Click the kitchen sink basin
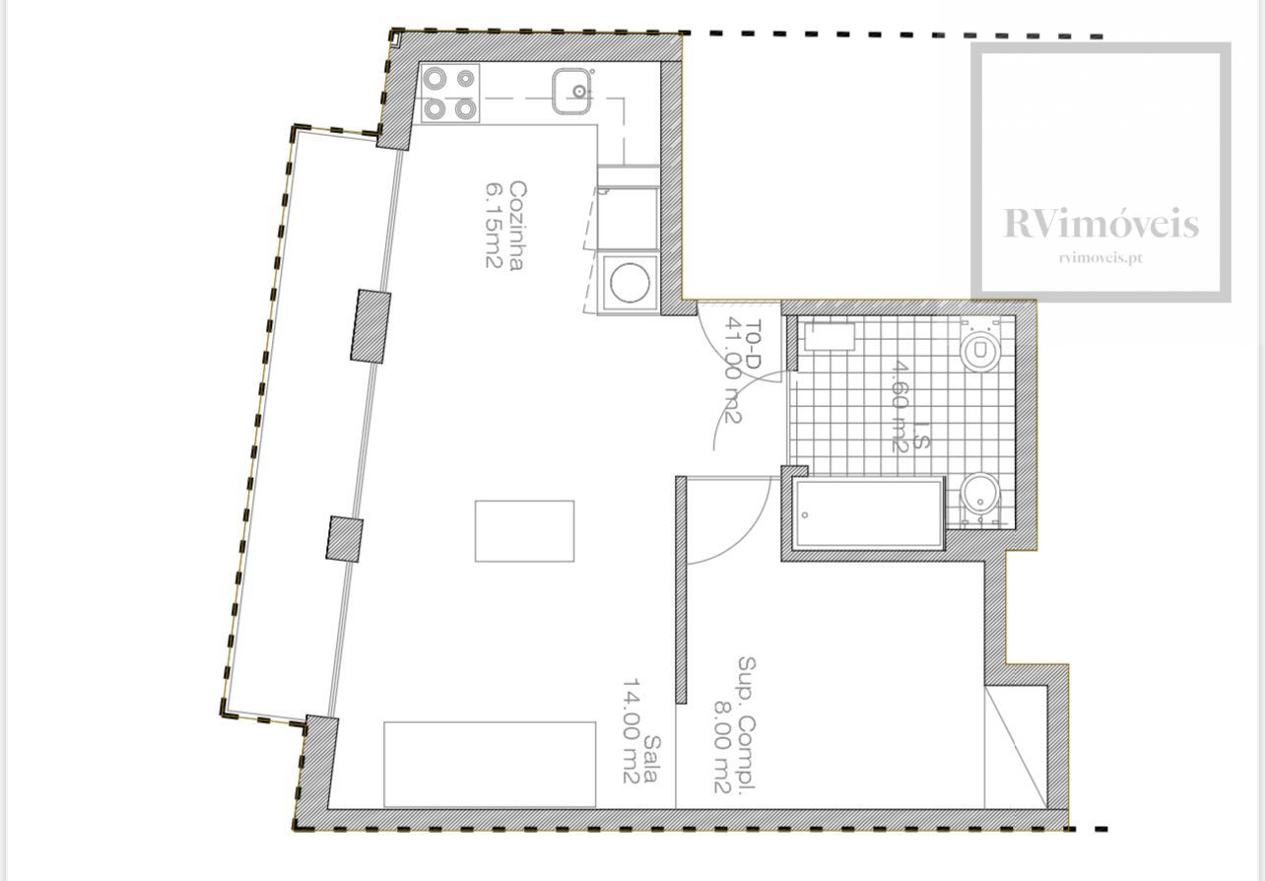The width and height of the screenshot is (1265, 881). [571, 91]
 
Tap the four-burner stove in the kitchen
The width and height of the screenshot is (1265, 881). [450, 94]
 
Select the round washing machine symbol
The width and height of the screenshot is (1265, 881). [630, 283]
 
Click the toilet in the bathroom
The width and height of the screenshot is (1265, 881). [980, 347]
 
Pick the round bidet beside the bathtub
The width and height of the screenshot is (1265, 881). [980, 497]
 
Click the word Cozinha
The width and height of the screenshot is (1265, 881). [518, 226]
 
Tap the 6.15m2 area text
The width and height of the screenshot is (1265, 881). [495, 226]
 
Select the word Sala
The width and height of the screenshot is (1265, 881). [650, 759]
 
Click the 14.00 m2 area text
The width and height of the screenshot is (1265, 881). [632, 730]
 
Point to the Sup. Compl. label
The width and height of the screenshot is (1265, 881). [747, 723]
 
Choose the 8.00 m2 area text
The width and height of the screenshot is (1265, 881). [724, 747]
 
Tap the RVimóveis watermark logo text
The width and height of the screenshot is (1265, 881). [1100, 223]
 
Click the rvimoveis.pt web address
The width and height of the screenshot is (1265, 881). [1100, 258]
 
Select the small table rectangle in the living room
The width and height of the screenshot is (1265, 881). [525, 531]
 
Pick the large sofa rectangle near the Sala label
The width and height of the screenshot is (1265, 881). [490, 765]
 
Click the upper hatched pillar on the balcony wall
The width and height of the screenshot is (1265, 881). [370, 326]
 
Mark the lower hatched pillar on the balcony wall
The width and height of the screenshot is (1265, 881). [345, 539]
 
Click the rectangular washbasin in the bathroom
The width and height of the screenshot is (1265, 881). [830, 337]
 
